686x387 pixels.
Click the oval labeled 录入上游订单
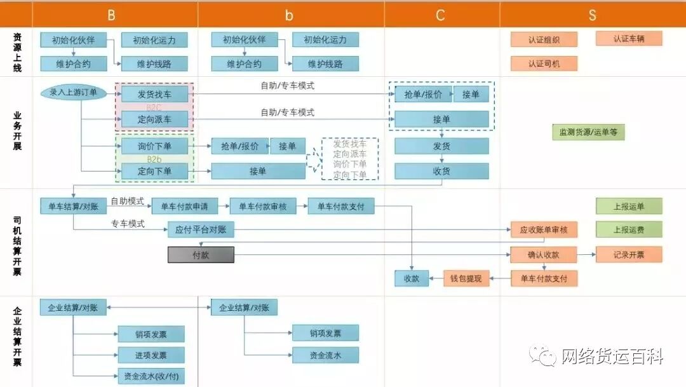point(74,93)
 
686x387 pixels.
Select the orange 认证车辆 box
point(629,38)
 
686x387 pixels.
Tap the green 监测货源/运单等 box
point(588,132)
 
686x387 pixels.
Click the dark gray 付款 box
point(201,255)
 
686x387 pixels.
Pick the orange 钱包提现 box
point(466,278)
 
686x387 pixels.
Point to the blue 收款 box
point(412,278)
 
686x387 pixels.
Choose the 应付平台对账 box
point(201,229)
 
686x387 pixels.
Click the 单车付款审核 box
point(263,206)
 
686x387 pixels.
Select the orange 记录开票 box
point(629,255)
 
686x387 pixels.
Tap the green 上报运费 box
point(629,229)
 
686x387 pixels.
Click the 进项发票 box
point(151,355)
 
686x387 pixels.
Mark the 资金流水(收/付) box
point(151,376)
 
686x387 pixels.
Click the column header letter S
point(592,15)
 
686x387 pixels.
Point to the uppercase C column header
point(441,15)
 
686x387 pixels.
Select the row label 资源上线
point(17,52)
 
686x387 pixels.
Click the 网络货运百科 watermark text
point(612,356)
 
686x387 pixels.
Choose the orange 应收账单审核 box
point(544,229)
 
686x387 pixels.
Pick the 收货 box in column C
point(441,171)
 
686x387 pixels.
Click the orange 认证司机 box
point(544,64)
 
